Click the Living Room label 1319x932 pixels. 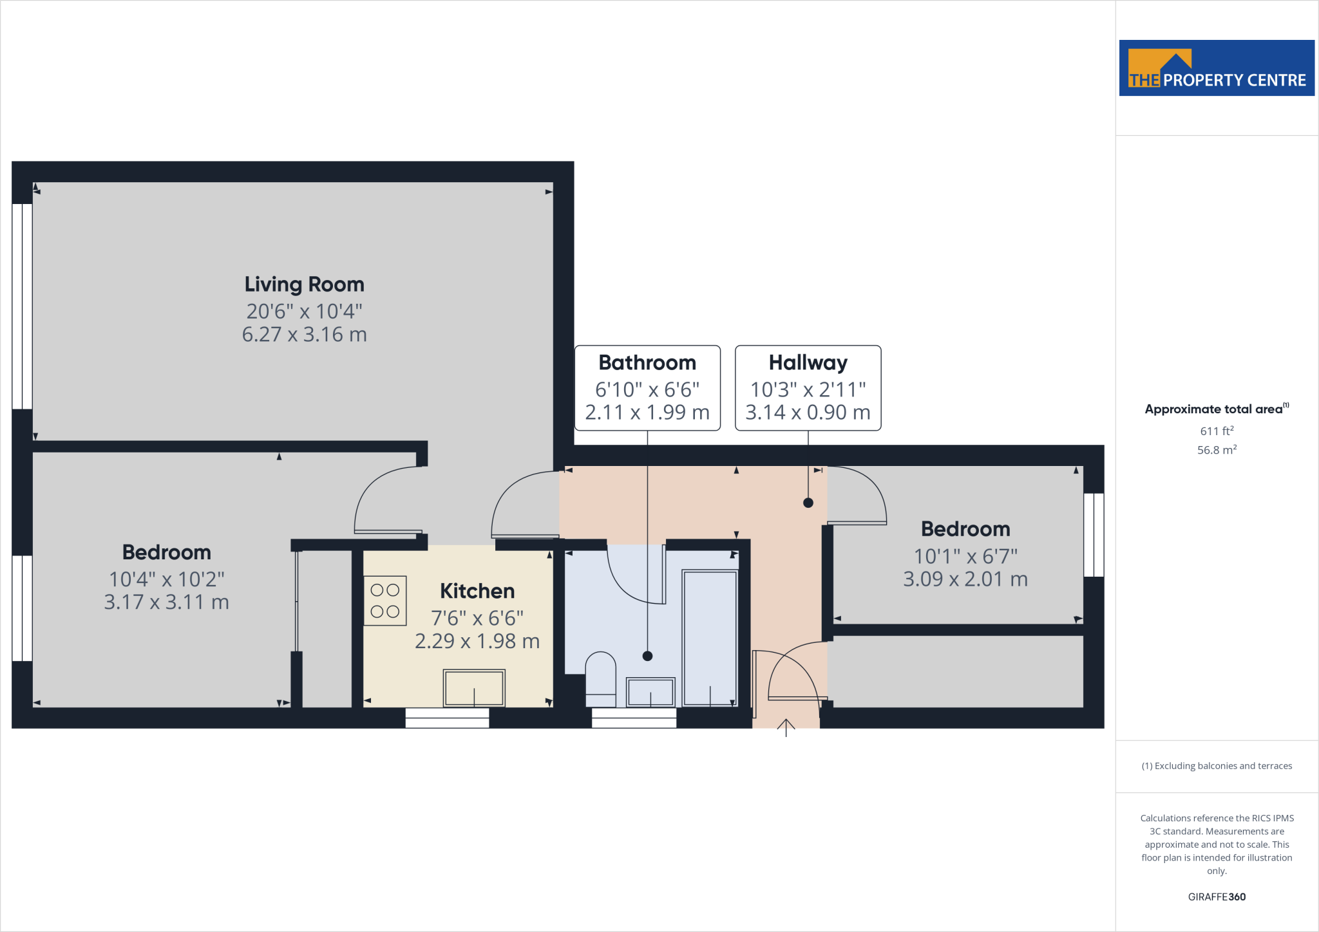(304, 284)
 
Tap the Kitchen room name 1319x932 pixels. (477, 591)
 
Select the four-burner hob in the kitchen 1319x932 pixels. (385, 601)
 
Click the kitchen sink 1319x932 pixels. (474, 687)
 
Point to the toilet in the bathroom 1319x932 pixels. (600, 679)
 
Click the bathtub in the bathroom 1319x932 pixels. (710, 637)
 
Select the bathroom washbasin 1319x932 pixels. (650, 692)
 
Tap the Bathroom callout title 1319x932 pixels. (647, 362)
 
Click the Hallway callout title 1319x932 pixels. (808, 362)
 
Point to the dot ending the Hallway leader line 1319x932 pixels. (808, 503)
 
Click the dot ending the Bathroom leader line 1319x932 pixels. (648, 656)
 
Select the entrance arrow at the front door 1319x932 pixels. (786, 727)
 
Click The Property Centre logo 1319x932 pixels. (1217, 68)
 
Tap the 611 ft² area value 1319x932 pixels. (1217, 431)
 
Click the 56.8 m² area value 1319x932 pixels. (1217, 450)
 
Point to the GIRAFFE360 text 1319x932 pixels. (1217, 897)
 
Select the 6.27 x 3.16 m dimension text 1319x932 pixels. (304, 335)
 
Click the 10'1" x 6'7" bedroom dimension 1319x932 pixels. (965, 555)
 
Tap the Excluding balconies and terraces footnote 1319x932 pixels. (1217, 766)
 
